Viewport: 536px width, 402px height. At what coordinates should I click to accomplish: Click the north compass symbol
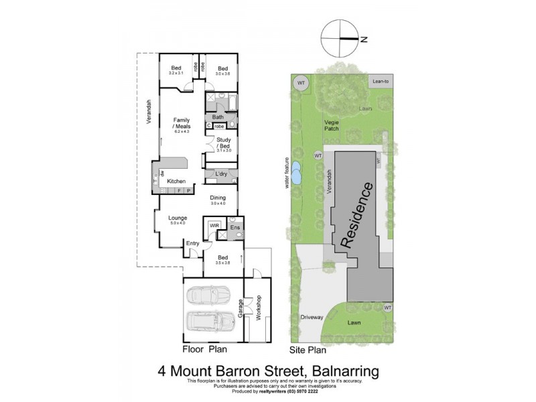(x=340, y=38)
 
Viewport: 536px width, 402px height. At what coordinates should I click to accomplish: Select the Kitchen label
(x=176, y=181)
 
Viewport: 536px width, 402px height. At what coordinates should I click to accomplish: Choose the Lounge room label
(x=178, y=218)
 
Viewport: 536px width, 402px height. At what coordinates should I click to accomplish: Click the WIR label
(x=214, y=226)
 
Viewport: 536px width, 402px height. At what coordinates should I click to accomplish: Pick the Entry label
(x=193, y=243)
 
